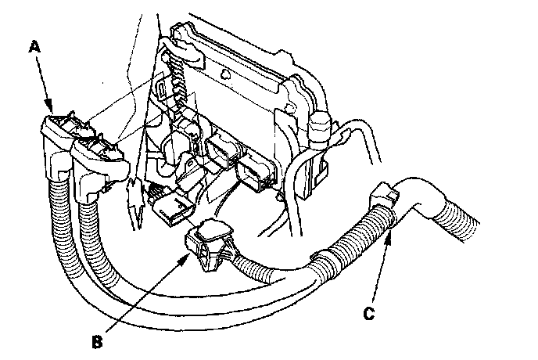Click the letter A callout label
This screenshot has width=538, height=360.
tap(34, 48)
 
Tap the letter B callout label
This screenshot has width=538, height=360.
tap(98, 340)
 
